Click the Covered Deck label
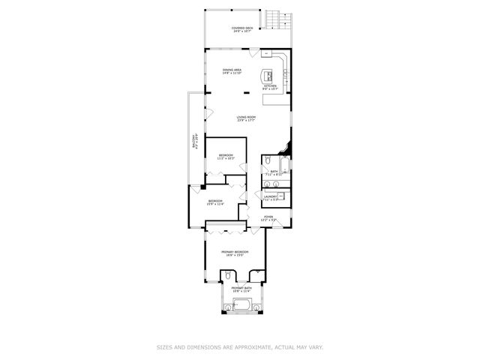coord(241,29)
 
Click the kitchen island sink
coord(267,75)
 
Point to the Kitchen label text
coord(270,85)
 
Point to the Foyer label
coord(268,217)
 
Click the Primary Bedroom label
coord(234,252)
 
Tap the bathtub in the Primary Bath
coord(241,304)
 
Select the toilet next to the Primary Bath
coord(227,277)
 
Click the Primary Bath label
coord(241,288)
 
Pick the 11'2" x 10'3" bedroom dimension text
coord(226,159)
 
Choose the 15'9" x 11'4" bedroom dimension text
coord(215,203)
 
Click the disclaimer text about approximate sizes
coord(240,347)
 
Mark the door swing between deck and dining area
coord(256,52)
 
